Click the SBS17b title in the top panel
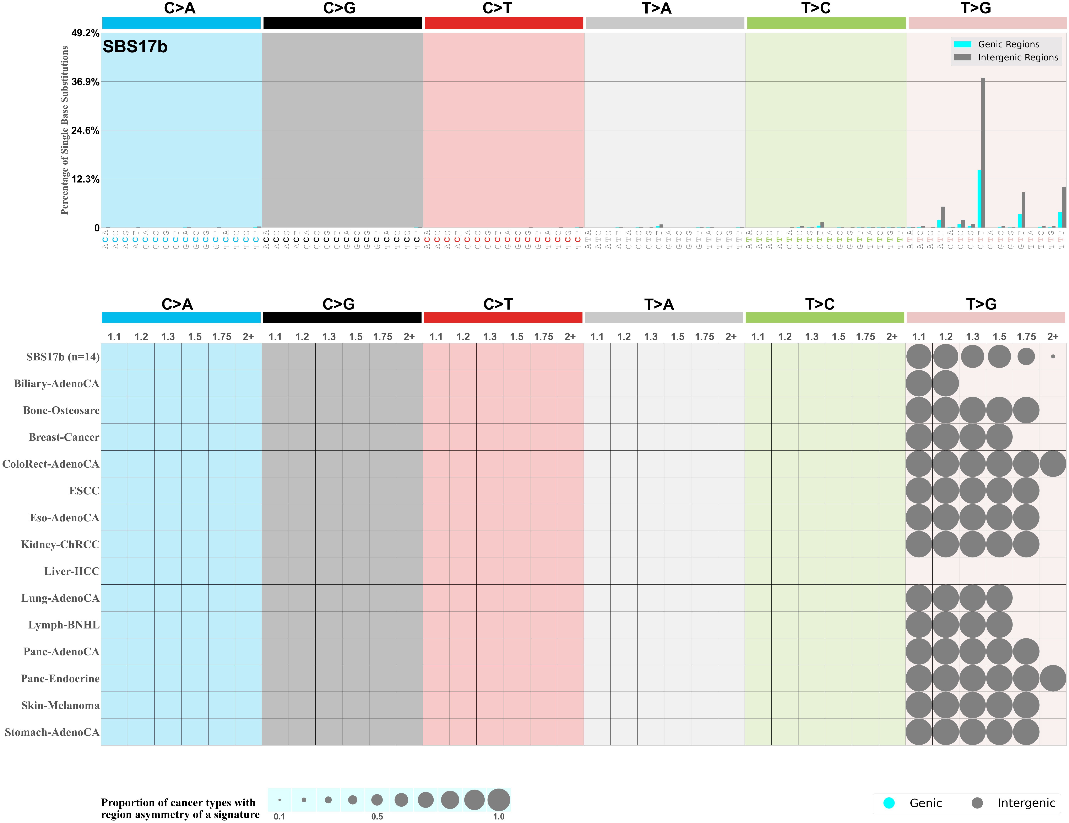point(135,47)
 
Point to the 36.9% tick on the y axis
point(85,82)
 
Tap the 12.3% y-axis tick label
point(85,179)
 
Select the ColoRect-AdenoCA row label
point(51,464)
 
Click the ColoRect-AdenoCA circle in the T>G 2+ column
point(1053,464)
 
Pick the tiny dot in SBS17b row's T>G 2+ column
point(1053,357)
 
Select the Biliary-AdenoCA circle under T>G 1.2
point(946,383)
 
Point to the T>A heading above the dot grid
point(659,304)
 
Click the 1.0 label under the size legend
point(498,817)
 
